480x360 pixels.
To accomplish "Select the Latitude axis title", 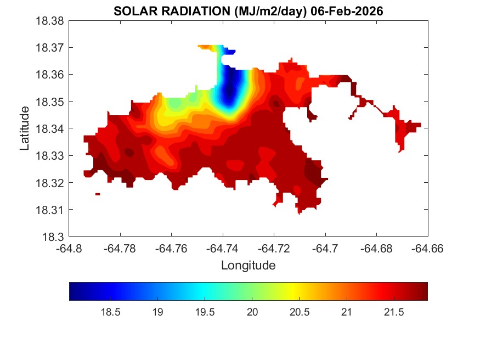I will click(x=25, y=128).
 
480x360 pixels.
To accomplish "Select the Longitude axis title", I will click(x=248, y=266).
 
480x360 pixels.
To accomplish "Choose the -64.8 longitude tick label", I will click(x=70, y=249).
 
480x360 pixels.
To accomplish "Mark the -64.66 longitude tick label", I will click(x=427, y=249).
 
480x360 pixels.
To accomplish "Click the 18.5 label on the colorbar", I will click(x=110, y=312).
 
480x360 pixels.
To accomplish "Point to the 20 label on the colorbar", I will click(x=252, y=312).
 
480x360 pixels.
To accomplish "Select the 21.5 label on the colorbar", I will click(x=393, y=312).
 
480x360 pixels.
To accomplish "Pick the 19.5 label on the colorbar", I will click(x=205, y=312).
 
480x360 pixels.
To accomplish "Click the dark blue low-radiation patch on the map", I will click(x=230, y=88).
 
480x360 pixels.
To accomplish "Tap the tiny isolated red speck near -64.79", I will click(x=98, y=194).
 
